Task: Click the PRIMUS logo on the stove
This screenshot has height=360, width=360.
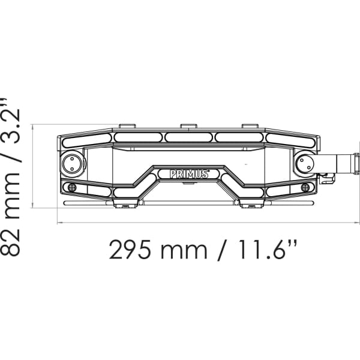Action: click(189, 174)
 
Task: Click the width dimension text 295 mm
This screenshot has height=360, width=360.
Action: click(157, 249)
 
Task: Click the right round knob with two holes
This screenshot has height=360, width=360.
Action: click(304, 163)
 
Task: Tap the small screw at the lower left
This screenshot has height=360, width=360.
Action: click(73, 188)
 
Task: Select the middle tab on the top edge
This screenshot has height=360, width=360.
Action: click(188, 127)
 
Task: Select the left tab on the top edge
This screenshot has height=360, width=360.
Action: click(127, 127)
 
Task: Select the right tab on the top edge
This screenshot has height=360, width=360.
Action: click(250, 127)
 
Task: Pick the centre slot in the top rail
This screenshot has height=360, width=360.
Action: click(188, 137)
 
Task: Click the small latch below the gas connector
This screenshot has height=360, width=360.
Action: click(326, 177)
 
